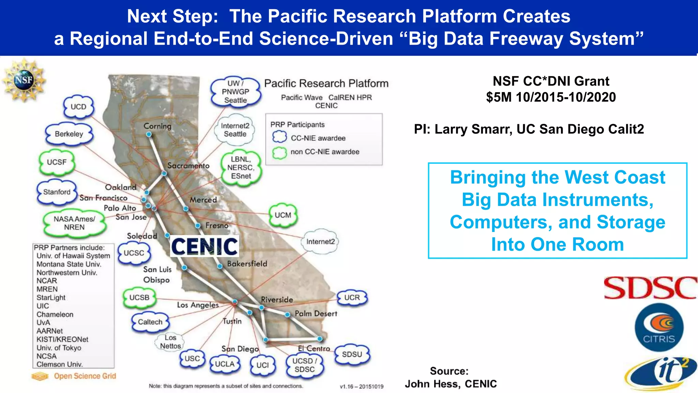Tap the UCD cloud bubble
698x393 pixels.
[x=78, y=107]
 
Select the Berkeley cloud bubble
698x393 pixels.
[x=69, y=134]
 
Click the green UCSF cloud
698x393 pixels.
[x=57, y=162]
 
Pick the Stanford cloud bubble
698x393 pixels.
[x=57, y=192]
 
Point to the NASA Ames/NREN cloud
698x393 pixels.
[x=74, y=223]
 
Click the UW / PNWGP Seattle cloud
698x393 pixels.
[x=235, y=92]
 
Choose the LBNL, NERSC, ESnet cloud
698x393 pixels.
[x=241, y=168]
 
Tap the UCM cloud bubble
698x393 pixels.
[x=283, y=215]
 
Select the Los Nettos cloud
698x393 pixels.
[x=170, y=342]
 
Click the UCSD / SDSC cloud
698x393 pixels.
[x=305, y=365]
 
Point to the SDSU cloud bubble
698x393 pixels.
[x=352, y=354]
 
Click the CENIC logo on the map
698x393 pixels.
[x=204, y=246]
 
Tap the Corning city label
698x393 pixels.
[x=157, y=126]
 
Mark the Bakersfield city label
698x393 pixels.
[x=247, y=264]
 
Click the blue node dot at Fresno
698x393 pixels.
[x=198, y=225]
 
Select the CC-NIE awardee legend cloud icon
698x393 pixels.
[x=279, y=137]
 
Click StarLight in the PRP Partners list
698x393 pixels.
[x=51, y=297]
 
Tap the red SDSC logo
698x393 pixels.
[x=650, y=288]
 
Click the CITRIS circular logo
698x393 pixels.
[x=659, y=327]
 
